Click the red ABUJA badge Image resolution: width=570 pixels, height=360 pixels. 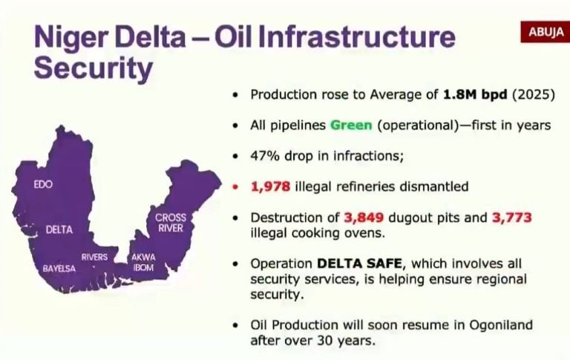[546, 32]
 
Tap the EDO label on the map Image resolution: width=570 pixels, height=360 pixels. [43, 184]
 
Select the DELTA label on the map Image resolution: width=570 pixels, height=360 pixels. [59, 229]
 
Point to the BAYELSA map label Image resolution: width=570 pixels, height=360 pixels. [59, 269]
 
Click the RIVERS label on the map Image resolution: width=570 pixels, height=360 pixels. [94, 257]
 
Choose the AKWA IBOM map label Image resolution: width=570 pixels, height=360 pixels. [143, 262]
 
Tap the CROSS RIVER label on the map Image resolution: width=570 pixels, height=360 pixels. [171, 223]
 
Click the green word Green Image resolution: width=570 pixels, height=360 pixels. [351, 125]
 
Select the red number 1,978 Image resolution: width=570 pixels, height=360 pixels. [270, 186]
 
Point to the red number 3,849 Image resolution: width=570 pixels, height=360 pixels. [364, 217]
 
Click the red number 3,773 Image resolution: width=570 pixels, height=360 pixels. [512, 217]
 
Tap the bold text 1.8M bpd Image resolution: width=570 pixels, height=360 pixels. [475, 94]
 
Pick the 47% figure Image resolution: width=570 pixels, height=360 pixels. [265, 156]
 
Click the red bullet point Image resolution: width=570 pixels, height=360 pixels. [235, 187]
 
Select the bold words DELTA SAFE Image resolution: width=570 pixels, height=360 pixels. [359, 263]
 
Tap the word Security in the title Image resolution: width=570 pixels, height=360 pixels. [93, 68]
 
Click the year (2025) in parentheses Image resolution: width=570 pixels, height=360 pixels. [534, 94]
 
